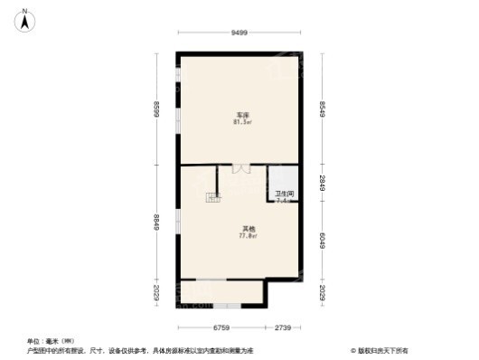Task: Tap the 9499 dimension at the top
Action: [239, 33]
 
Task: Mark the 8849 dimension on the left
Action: [157, 221]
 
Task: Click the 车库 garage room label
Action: [243, 116]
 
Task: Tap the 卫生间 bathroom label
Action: [283, 193]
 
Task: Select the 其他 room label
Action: [247, 228]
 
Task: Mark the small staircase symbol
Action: [213, 197]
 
